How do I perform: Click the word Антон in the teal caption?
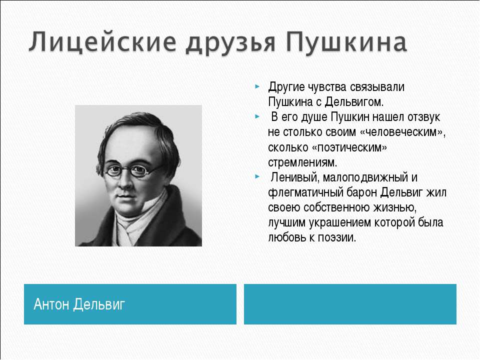coord(51,304)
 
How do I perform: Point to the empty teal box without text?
coord(350,304)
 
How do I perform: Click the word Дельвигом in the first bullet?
coord(354,102)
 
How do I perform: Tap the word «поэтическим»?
coord(349,147)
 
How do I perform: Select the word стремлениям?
coord(302,162)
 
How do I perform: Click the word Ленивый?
coord(294,177)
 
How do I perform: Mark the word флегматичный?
coord(306,192)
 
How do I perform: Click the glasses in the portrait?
coord(132,170)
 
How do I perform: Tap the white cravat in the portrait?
coord(134,225)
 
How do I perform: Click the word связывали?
coord(377,87)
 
